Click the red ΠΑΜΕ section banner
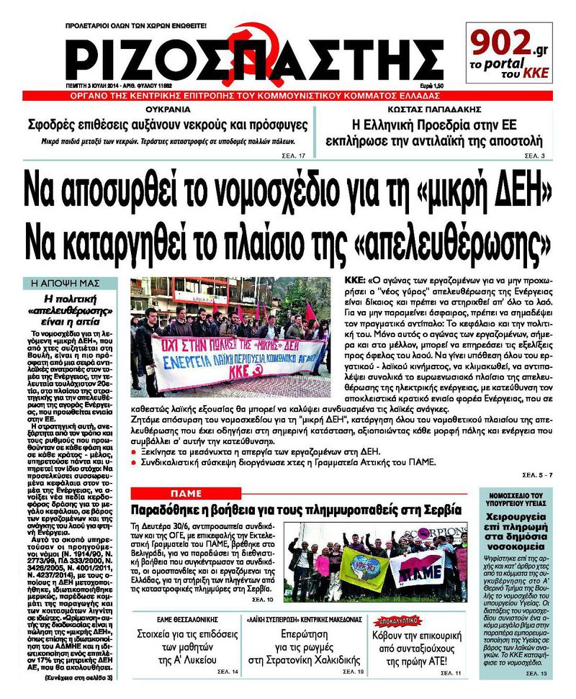[195, 492]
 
